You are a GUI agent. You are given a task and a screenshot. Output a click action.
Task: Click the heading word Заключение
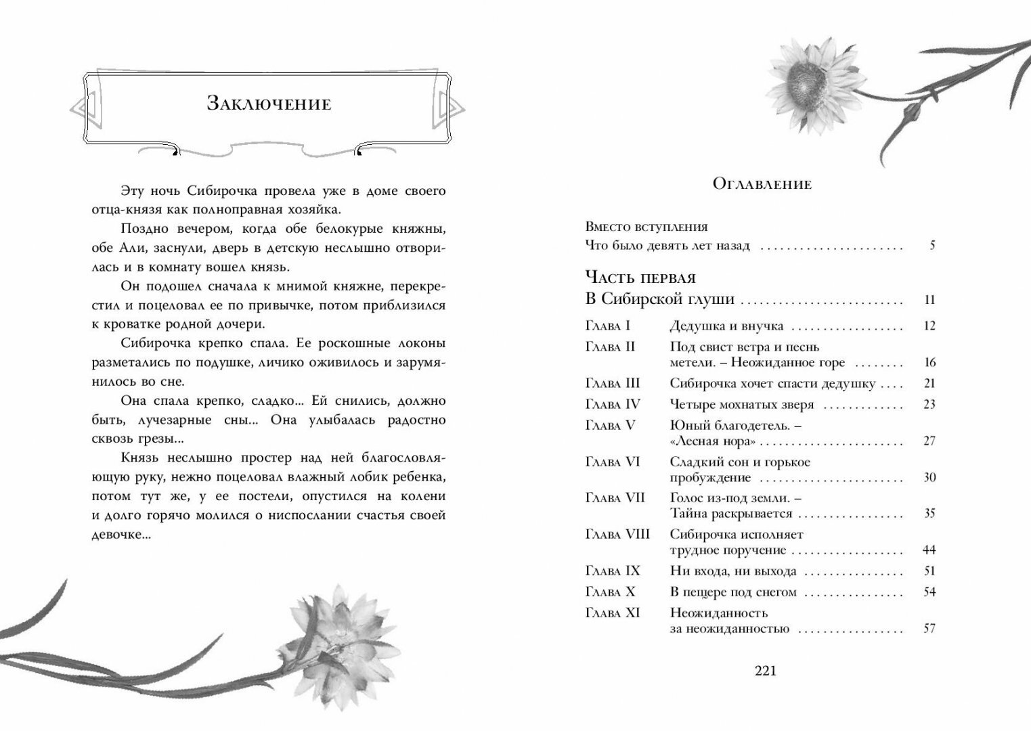[269, 104]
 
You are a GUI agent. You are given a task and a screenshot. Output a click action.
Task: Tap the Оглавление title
[762, 183]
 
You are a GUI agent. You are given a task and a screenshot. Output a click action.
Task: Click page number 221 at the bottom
[765, 671]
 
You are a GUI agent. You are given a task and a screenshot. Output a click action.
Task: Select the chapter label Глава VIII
[617, 534]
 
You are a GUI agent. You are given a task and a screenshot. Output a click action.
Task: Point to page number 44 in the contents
[929, 550]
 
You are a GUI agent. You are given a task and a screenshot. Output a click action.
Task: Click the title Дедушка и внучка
[726, 326]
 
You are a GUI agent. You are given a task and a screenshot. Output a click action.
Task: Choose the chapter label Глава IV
[612, 405]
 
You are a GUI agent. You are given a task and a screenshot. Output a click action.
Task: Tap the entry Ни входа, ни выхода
[732, 571]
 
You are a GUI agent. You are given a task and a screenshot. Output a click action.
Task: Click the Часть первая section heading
[640, 278]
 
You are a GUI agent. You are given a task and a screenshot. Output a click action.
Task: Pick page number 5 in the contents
[932, 246]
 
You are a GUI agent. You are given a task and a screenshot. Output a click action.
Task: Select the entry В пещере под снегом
[733, 592]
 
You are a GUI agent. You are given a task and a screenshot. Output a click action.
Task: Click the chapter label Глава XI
[612, 613]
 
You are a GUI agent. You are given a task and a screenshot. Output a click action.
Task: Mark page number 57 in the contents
[929, 629]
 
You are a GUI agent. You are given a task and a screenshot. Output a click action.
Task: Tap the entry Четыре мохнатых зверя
[742, 405]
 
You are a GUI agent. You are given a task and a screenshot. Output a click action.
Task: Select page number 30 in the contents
[929, 478]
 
